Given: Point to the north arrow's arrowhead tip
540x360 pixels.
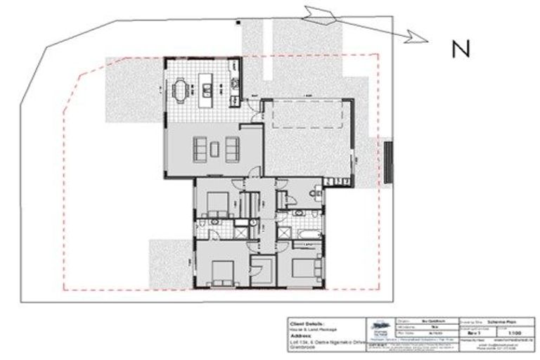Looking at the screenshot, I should click(x=428, y=41).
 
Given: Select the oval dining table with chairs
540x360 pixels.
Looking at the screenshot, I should click(x=182, y=90).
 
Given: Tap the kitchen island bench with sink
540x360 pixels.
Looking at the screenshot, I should click(x=208, y=89).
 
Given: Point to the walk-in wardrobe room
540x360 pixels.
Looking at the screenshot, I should click(x=263, y=271).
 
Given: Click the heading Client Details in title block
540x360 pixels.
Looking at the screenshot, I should click(x=308, y=323).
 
